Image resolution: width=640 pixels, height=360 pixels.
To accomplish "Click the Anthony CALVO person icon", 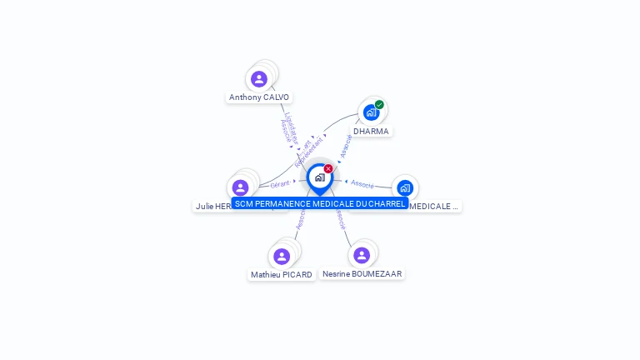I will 259,79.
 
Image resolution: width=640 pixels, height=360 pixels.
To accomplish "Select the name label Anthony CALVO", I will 259,97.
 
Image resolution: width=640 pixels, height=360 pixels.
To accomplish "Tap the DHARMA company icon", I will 371,112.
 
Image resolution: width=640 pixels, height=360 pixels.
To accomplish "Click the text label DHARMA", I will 371,132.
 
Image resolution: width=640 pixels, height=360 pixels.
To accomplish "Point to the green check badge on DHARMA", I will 379,105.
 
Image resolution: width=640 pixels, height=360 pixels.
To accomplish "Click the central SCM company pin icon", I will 320,177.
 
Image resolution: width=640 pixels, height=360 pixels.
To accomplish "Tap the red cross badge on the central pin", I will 328,168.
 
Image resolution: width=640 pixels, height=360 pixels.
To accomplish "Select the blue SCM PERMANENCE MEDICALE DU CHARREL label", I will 320,203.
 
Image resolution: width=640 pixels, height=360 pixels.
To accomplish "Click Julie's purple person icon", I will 241,187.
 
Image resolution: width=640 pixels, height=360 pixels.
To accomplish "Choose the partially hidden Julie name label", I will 212,206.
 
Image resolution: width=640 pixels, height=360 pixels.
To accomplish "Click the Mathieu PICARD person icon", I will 282,256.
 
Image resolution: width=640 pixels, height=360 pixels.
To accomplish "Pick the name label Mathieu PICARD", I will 282,275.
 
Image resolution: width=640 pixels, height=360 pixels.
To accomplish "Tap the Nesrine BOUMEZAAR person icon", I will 361,255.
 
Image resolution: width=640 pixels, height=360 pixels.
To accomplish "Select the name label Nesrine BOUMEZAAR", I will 362,274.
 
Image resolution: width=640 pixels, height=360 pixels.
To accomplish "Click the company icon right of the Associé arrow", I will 405,187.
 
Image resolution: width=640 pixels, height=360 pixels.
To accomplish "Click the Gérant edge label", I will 279,183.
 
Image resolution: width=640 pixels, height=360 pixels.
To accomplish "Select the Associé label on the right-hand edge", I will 362,183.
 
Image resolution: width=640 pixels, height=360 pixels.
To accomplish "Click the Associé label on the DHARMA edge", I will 346,146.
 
